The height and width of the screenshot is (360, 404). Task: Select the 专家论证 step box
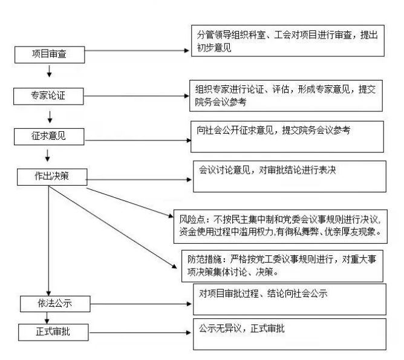47,94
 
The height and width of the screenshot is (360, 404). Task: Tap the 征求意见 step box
48,136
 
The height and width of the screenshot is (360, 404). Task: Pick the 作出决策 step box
52,177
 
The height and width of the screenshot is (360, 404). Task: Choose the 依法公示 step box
55,303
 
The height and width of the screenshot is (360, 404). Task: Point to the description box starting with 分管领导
287,41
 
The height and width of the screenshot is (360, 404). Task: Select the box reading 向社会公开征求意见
287,137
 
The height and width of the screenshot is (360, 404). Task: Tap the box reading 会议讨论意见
288,176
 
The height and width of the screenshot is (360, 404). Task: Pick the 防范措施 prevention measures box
282,264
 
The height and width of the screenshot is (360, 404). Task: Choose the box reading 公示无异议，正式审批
289,334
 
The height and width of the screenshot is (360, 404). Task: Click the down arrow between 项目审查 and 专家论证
49,74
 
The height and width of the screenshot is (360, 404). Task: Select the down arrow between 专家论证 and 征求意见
48,115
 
